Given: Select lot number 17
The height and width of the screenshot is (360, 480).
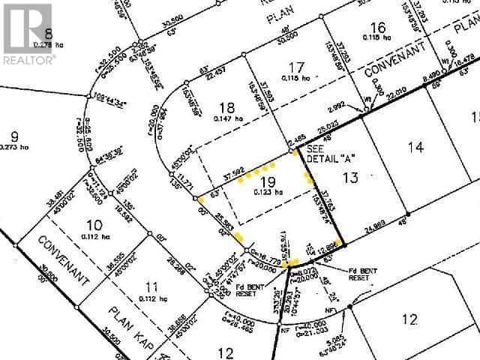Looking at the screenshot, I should point(298,67).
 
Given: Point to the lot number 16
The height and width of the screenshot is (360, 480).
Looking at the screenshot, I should point(379,28).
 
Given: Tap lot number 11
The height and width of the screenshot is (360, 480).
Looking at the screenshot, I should point(152,285).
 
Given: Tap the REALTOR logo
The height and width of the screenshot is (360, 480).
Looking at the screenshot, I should point(28,31).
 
